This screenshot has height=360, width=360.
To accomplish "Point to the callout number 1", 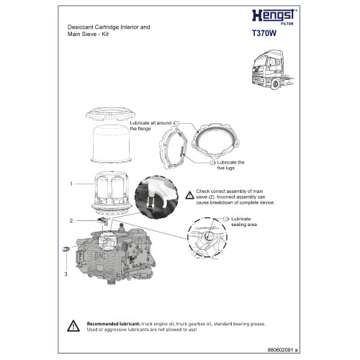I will tap(71, 184).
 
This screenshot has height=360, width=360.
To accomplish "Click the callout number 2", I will tap(71, 220).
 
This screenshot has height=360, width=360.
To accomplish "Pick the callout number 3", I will tap(66, 274).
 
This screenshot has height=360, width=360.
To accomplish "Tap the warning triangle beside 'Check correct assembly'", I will tap(189, 193).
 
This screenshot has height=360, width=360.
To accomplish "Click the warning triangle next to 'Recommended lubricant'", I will tap(75, 325).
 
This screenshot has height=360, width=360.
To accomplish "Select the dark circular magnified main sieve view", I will tap(158, 196).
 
